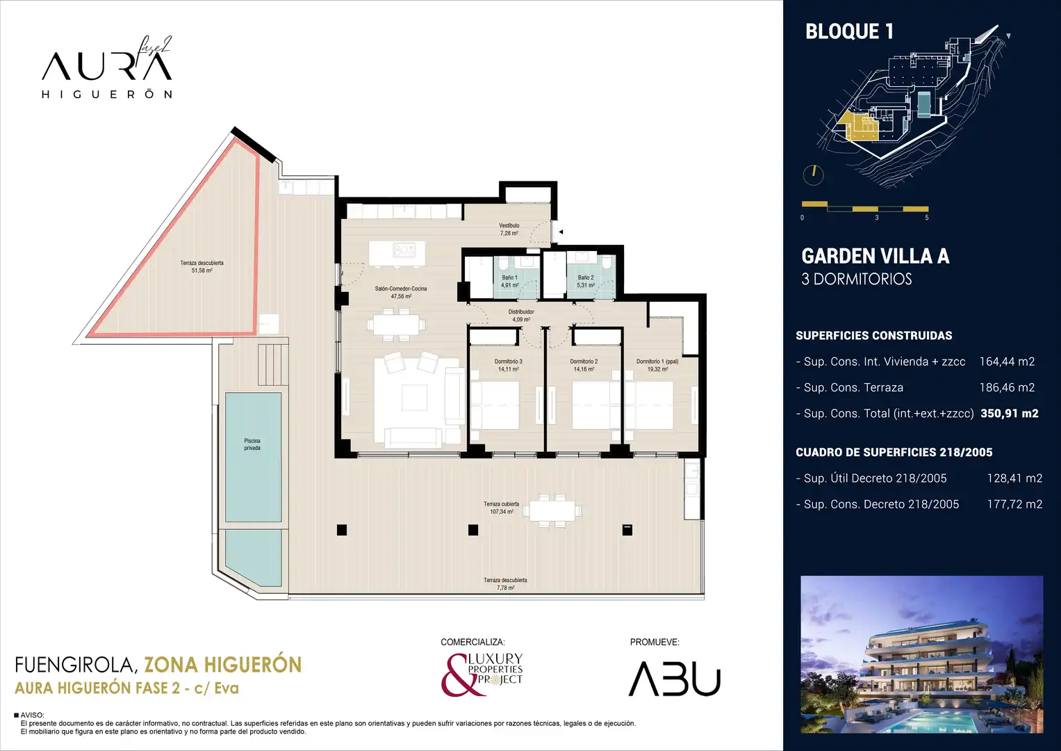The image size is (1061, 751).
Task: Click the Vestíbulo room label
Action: pos(509,226)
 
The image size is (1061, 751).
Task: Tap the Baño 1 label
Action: pos(510,278)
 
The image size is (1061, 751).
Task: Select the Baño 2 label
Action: pos(586,278)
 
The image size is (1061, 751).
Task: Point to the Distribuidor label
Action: pos(521,312)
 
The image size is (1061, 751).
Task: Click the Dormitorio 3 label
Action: pos(508,362)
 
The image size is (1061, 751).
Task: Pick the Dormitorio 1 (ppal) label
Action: pos(657,362)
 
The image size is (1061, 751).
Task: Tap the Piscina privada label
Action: pos(252,444)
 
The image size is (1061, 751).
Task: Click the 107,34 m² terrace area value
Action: pos(502,512)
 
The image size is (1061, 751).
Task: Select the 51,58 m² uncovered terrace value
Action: pos(201,270)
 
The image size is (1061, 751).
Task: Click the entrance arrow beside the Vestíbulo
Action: pos(561,232)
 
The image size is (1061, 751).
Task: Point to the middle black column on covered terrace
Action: pos(472,530)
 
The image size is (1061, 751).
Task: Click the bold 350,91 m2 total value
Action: pos(1010,414)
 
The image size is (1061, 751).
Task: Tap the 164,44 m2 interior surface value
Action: pos(1007,362)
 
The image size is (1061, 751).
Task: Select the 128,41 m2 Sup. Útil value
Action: pos(1014,478)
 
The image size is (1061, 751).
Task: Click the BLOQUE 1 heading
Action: pos(850,32)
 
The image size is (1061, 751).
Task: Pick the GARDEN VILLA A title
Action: pos(875,256)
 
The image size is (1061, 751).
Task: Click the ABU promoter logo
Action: pos(675,679)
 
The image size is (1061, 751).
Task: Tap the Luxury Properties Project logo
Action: pos(482,675)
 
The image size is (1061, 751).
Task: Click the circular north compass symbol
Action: pos(813,175)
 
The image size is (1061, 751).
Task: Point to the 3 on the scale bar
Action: pos(877,218)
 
